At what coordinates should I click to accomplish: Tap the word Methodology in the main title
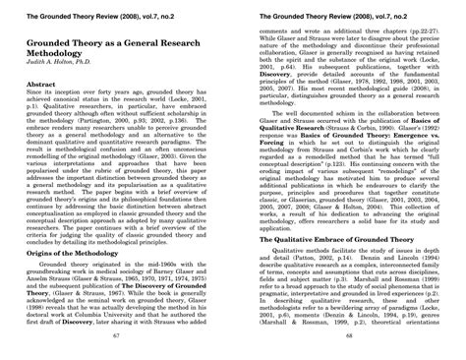[x=63, y=58]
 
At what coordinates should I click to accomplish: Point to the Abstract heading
[x=42, y=87]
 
